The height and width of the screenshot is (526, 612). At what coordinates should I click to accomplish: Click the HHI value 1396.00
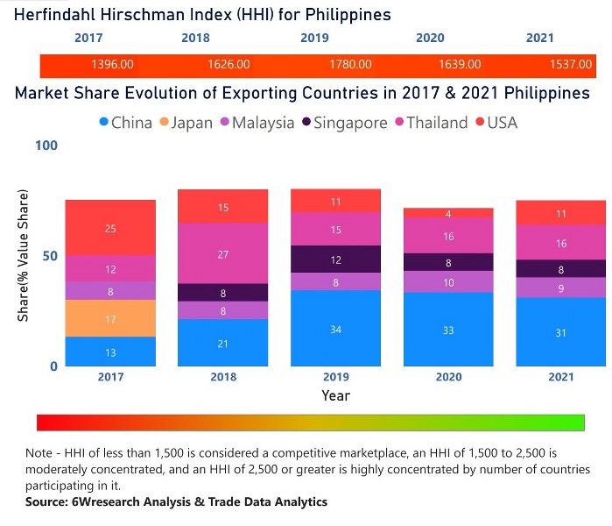coord(112,65)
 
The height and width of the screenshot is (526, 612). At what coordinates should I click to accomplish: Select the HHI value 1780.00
coord(350,65)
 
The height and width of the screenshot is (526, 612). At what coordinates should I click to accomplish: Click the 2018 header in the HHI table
coord(195,39)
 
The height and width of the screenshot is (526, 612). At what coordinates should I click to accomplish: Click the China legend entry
coord(126,123)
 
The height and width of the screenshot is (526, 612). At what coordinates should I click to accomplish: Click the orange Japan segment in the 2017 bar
coord(110,318)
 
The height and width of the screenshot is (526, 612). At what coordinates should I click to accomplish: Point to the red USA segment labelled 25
coord(110,228)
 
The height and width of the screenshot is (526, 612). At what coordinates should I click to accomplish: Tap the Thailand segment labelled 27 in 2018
coord(222,253)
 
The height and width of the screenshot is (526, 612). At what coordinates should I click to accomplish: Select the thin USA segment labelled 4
coord(448,213)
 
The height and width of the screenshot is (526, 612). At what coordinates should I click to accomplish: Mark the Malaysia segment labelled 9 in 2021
coord(560,288)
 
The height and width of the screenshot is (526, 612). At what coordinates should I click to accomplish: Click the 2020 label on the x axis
coord(448,377)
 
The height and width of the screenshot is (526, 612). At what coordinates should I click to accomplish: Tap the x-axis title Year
coord(335,395)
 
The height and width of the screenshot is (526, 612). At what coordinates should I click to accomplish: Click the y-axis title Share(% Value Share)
coord(23,255)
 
